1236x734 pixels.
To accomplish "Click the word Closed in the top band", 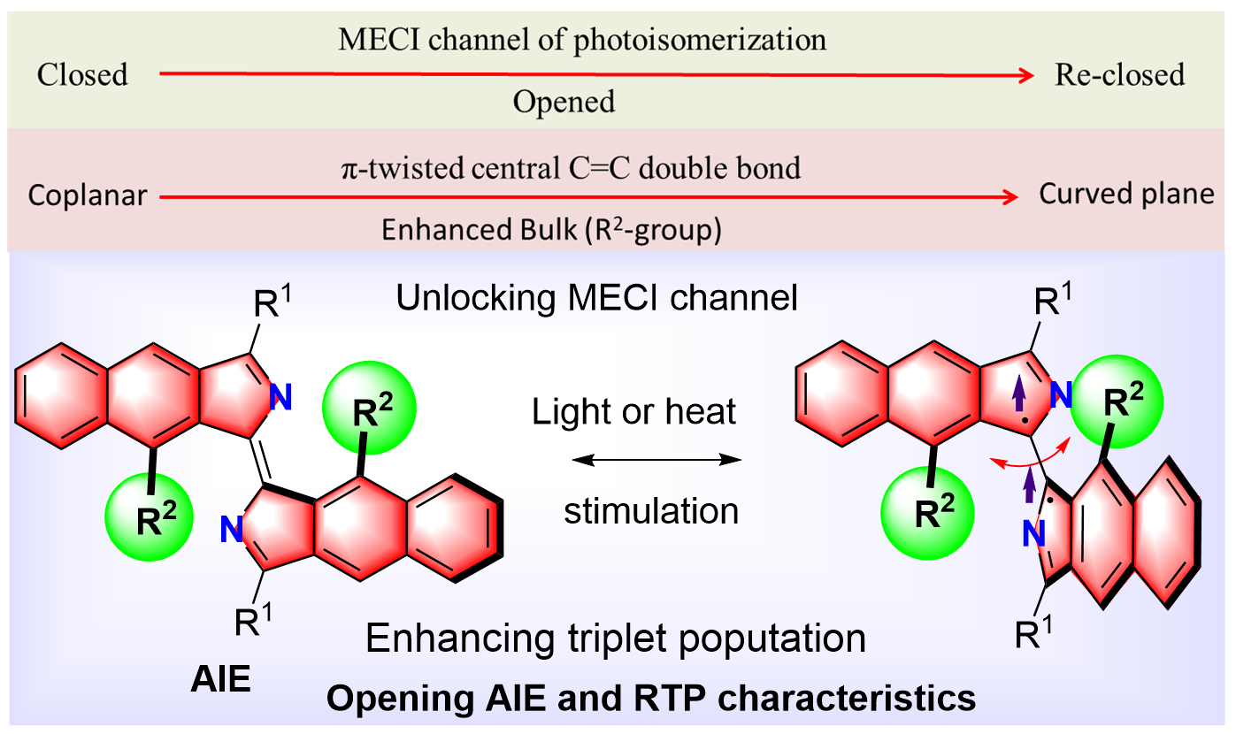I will point(82,75).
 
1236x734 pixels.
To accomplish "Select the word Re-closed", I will point(1119,75).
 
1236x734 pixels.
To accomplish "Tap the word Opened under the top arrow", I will point(564,103).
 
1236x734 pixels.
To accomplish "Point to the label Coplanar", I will point(87,195).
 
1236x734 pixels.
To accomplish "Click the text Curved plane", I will point(1126,194).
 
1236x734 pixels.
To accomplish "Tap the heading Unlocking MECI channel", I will point(597,298).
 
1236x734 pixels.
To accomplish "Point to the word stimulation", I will point(651,510).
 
